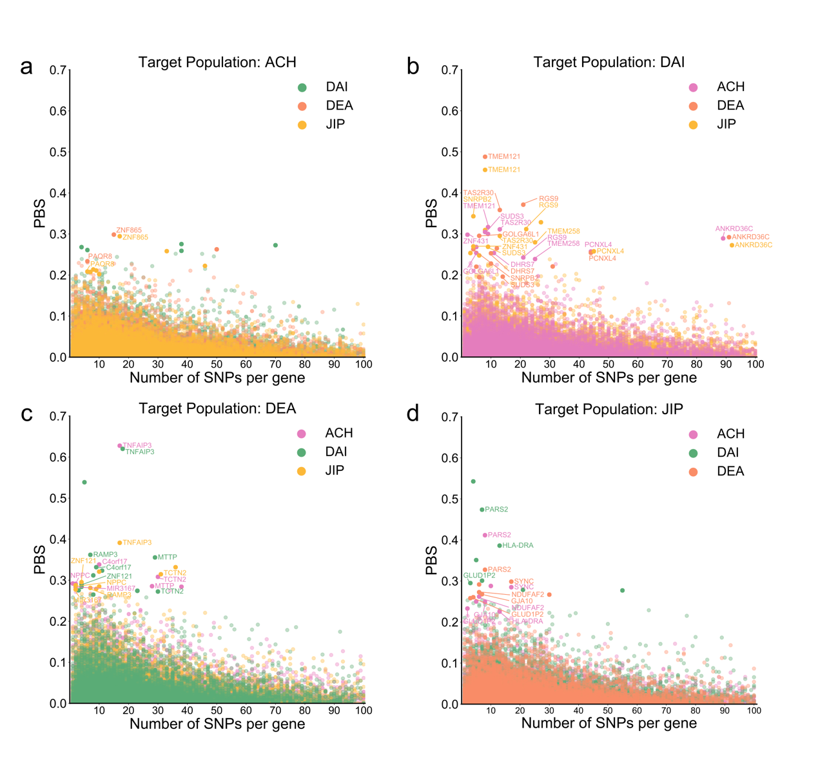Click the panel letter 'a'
tap(26, 67)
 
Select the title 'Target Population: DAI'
tap(609, 63)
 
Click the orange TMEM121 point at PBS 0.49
tap(485, 157)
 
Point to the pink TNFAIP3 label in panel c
tap(137, 446)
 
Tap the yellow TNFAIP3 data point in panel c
tap(120, 543)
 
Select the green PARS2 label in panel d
tap(496, 510)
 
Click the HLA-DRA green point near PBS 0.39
tap(500, 546)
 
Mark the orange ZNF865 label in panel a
tap(129, 230)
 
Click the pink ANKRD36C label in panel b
tap(734, 229)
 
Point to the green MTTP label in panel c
tap(168, 557)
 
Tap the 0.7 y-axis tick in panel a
tap(59, 70)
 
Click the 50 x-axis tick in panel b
tap(608, 364)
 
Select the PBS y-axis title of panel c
tap(40, 560)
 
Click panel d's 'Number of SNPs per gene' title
tap(609, 724)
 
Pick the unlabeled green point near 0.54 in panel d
tap(473, 482)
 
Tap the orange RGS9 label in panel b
tap(549, 199)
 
